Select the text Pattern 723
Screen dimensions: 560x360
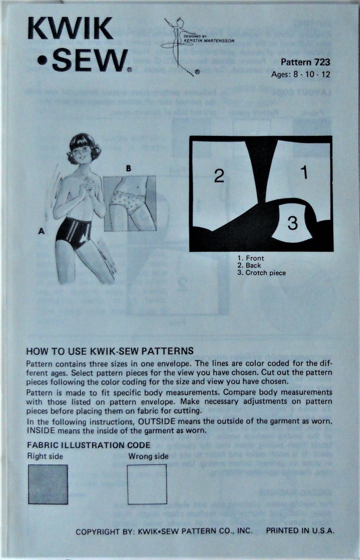305,63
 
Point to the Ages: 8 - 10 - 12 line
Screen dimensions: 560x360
300,75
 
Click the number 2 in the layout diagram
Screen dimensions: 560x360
219,176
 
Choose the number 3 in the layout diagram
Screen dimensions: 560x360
293,223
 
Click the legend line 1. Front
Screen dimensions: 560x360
251,258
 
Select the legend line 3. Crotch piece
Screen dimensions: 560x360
262,273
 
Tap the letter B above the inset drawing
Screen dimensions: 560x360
128,169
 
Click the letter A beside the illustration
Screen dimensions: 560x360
41,232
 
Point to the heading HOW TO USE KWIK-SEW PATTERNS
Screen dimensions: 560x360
110,351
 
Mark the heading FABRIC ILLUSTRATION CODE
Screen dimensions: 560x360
88,445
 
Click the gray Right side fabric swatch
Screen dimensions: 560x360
48,484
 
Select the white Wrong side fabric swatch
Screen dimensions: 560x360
147,484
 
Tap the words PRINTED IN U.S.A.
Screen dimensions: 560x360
300,531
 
